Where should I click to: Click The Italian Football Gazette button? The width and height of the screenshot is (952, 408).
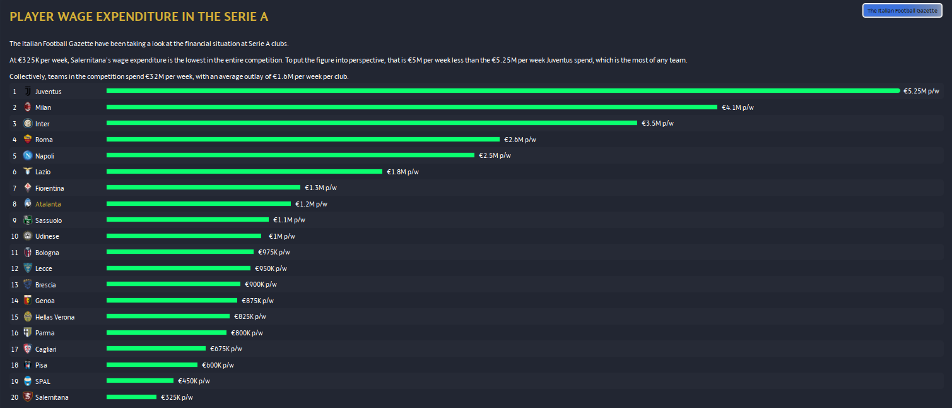pos(902,11)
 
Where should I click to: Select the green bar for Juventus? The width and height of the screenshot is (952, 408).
pos(503,91)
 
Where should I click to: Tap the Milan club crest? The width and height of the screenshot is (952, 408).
pos(27,107)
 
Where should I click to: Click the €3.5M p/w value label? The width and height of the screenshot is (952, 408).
pos(657,123)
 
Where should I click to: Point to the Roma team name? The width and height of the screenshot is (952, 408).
pos(44,140)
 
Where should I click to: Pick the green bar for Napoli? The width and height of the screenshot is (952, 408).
pos(290,155)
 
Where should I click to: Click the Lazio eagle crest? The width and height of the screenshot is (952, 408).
pos(27,172)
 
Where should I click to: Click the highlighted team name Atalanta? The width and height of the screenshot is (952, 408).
pos(48,204)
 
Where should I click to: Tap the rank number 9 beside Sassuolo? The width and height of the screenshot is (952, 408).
pos(14,220)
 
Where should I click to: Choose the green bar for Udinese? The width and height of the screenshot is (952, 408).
pos(184,236)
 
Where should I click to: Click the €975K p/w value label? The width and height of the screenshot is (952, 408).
pos(274,253)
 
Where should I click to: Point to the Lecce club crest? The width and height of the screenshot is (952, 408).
pos(27,268)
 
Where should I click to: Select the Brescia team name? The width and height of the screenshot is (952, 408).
pos(45,285)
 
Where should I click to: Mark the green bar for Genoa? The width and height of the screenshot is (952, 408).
pos(172,301)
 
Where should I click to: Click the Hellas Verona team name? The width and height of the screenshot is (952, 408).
pos(55,317)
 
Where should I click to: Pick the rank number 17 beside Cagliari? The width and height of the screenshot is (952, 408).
pos(15,349)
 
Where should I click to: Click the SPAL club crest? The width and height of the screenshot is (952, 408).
pos(27,381)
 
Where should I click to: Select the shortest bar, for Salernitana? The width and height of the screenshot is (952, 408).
pos(131,397)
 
